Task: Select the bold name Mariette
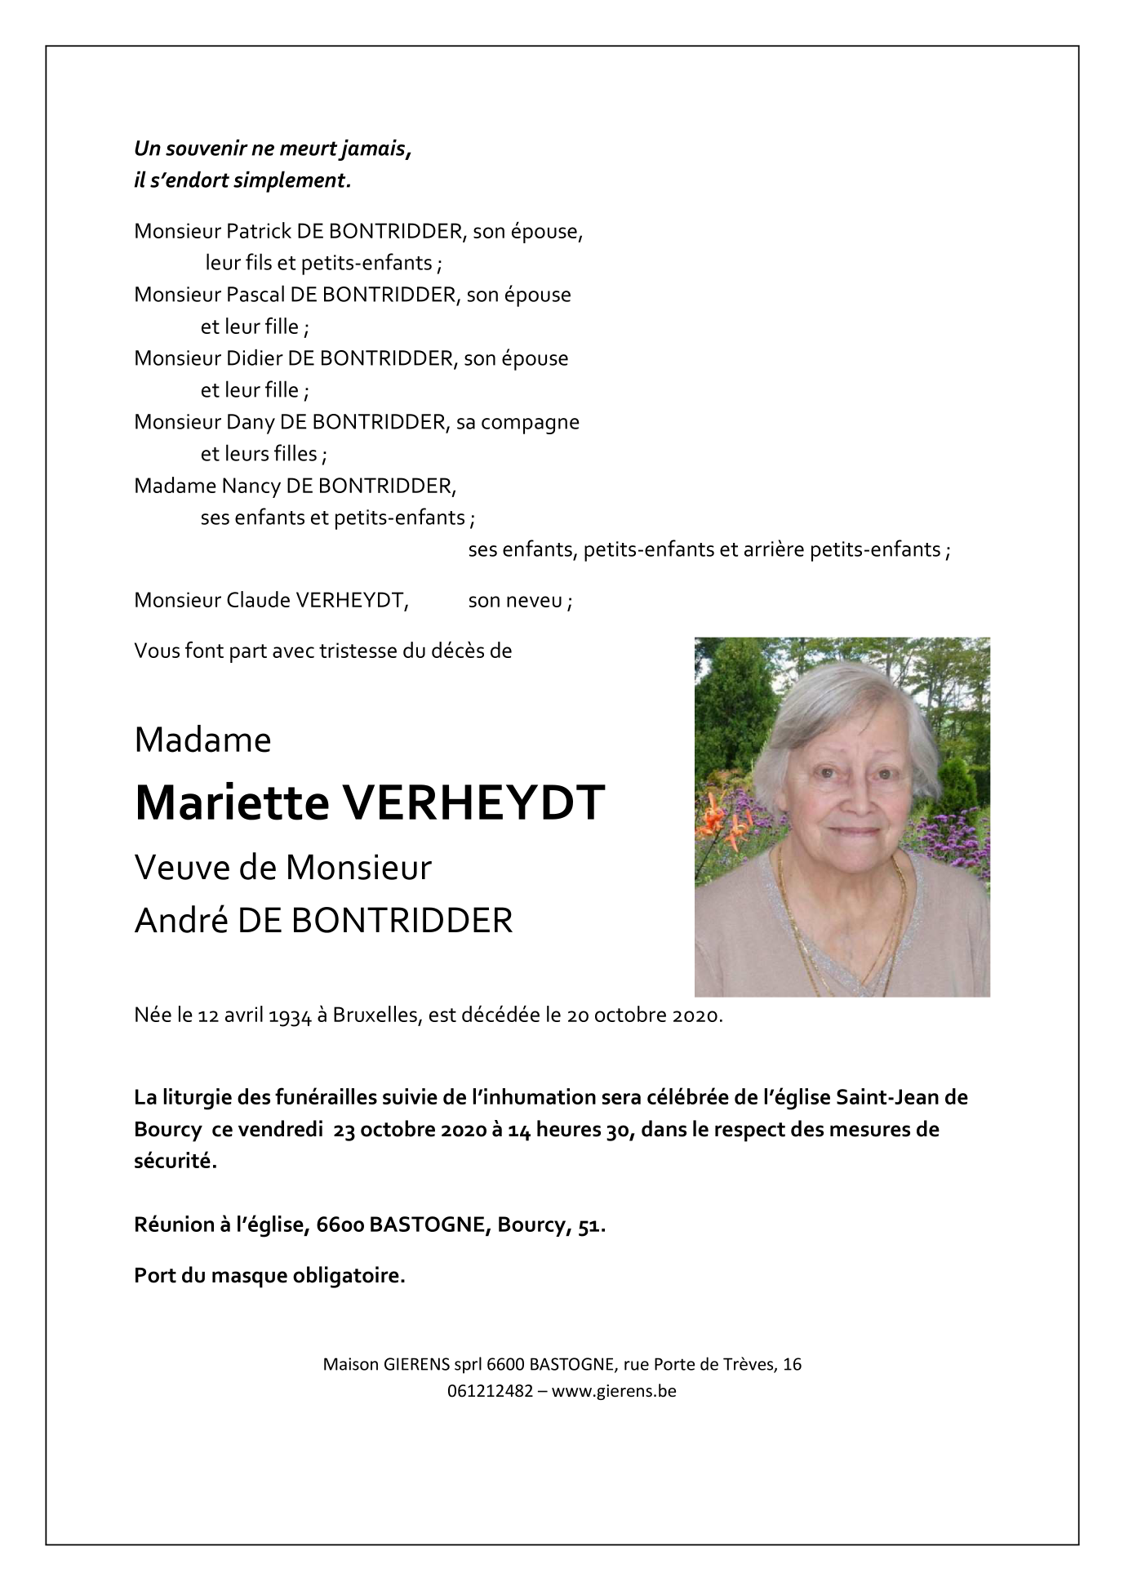(x=232, y=802)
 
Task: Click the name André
(x=180, y=920)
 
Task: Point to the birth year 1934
(x=291, y=1016)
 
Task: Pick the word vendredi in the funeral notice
(x=280, y=1130)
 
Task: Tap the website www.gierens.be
(x=614, y=1391)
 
